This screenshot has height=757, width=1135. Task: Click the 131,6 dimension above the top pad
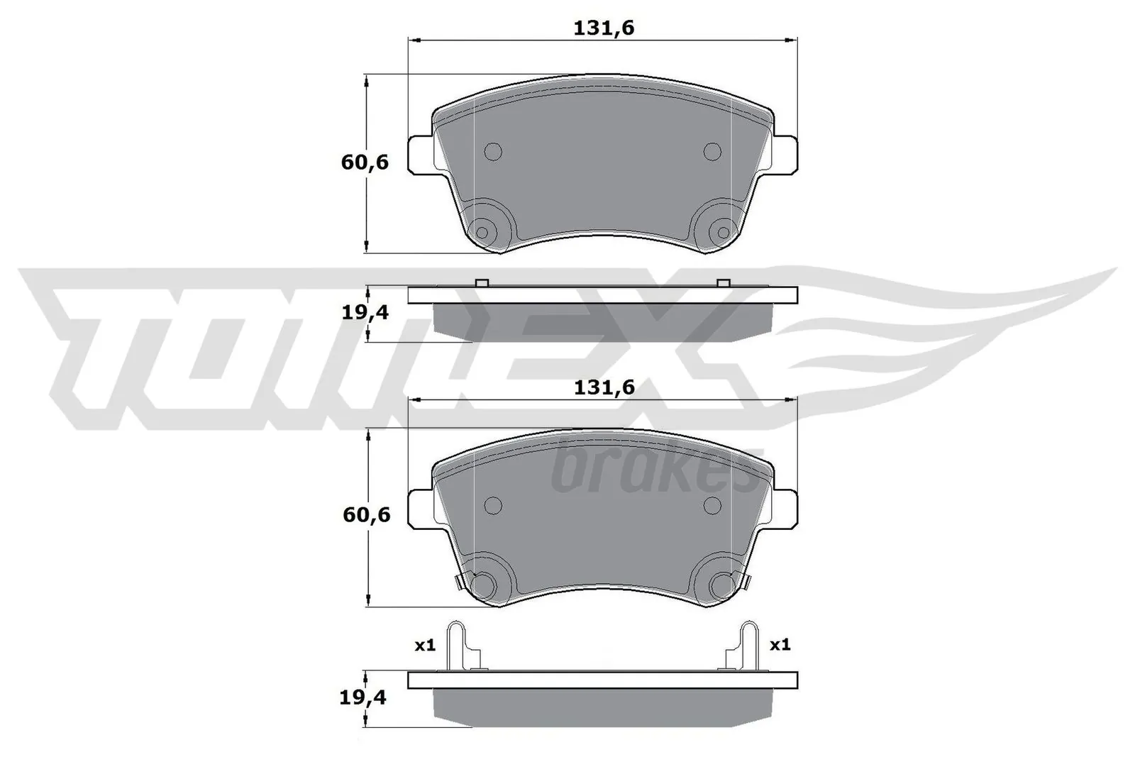(x=603, y=28)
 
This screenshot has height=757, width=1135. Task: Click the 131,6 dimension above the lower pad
(x=603, y=388)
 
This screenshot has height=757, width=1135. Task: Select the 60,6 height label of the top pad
(x=365, y=162)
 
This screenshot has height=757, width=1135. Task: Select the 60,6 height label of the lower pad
(x=366, y=514)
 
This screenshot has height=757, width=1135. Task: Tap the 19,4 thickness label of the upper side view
(x=365, y=312)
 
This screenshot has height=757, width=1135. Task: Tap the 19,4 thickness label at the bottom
(x=362, y=698)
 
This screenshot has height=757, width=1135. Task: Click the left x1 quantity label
(x=424, y=646)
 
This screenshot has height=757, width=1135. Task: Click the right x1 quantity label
(x=780, y=645)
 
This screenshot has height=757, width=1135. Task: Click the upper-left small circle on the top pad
(x=492, y=151)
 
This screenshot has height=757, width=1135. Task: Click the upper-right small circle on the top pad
(x=712, y=151)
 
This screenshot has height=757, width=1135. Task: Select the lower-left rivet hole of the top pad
(x=482, y=232)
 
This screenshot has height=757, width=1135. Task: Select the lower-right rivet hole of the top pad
(x=723, y=232)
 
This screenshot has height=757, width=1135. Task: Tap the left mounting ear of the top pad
(x=420, y=154)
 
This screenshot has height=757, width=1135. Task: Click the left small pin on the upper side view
(x=481, y=282)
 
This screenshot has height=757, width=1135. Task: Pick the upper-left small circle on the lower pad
(x=492, y=504)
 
